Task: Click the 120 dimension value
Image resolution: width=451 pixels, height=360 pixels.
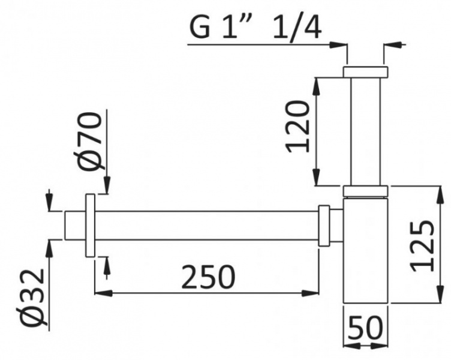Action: (x=299, y=127)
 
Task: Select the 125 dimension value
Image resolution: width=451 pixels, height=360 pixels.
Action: (x=423, y=246)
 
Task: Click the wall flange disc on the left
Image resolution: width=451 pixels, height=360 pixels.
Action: (x=91, y=226)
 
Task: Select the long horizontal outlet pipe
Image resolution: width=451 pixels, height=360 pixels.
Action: (x=204, y=226)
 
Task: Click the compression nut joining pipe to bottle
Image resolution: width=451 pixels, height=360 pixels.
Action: (x=324, y=226)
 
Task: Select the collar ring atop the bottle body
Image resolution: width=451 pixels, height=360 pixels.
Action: (x=366, y=191)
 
